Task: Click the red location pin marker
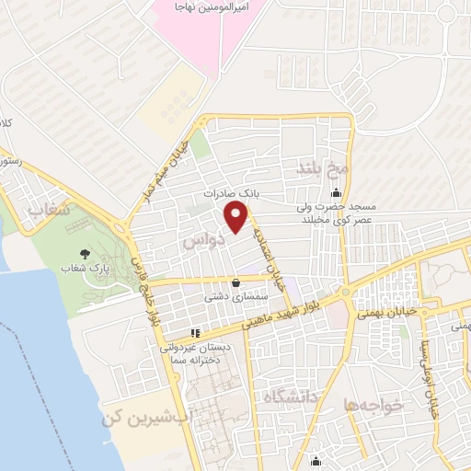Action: click(x=237, y=217)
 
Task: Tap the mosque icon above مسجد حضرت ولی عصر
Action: click(x=336, y=193)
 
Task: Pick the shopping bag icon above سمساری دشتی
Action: click(x=237, y=283)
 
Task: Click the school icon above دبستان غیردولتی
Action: click(x=194, y=333)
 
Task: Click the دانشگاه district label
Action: click(x=290, y=397)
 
